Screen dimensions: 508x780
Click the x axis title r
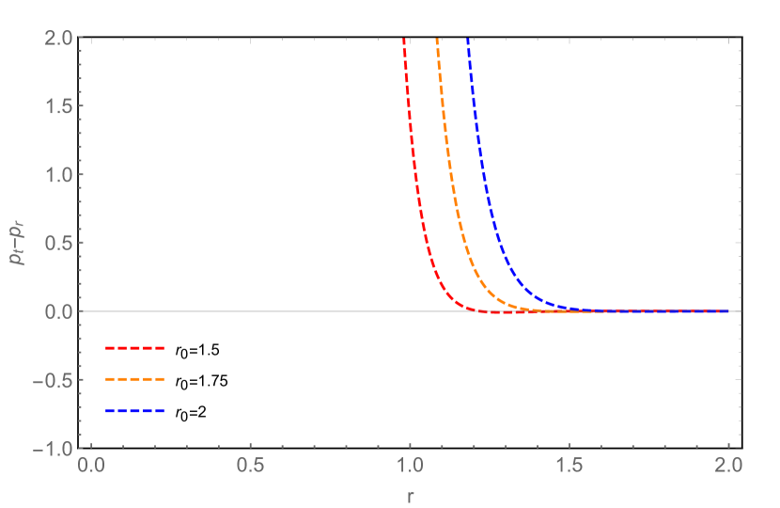(410, 494)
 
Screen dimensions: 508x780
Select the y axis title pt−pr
(16, 243)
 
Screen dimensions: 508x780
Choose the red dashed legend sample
(135, 348)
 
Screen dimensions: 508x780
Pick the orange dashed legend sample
(135, 379)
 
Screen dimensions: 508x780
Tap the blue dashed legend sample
(135, 411)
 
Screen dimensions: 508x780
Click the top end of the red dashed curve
(403, 40)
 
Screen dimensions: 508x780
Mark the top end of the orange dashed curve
(437, 40)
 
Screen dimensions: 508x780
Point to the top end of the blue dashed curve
(467, 40)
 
